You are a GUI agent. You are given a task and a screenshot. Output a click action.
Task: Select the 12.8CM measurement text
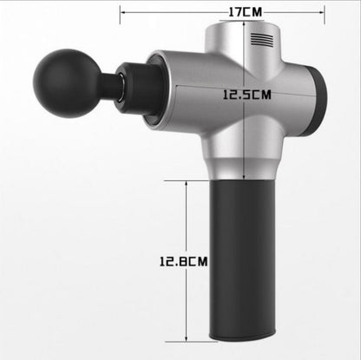206,258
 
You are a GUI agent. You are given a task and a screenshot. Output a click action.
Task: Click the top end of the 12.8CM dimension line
187,181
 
